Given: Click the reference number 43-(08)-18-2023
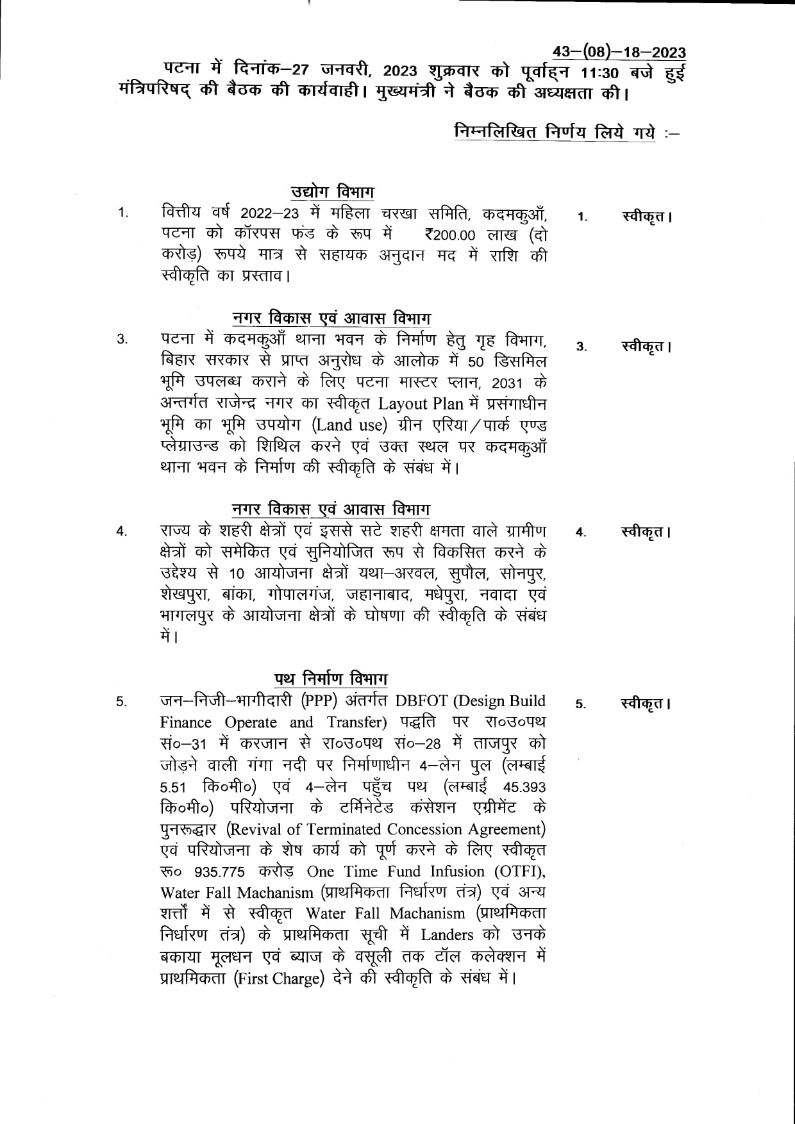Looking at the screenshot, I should tap(619, 53).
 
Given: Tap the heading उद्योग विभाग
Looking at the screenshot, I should tap(333, 192).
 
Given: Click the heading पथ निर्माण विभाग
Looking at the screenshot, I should tap(331, 679).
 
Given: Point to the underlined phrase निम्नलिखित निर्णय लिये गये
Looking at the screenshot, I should tap(555, 133).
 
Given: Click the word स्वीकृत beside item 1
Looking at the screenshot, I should tap(643, 217).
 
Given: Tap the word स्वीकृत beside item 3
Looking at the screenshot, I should tap(643, 347).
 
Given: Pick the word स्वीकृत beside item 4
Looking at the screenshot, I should tap(643, 532).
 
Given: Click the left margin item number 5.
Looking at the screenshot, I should tap(122, 702).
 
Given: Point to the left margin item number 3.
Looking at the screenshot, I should tap(122, 340).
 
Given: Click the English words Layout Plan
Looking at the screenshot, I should tap(412, 404).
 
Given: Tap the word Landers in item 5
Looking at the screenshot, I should tap(447, 935).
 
